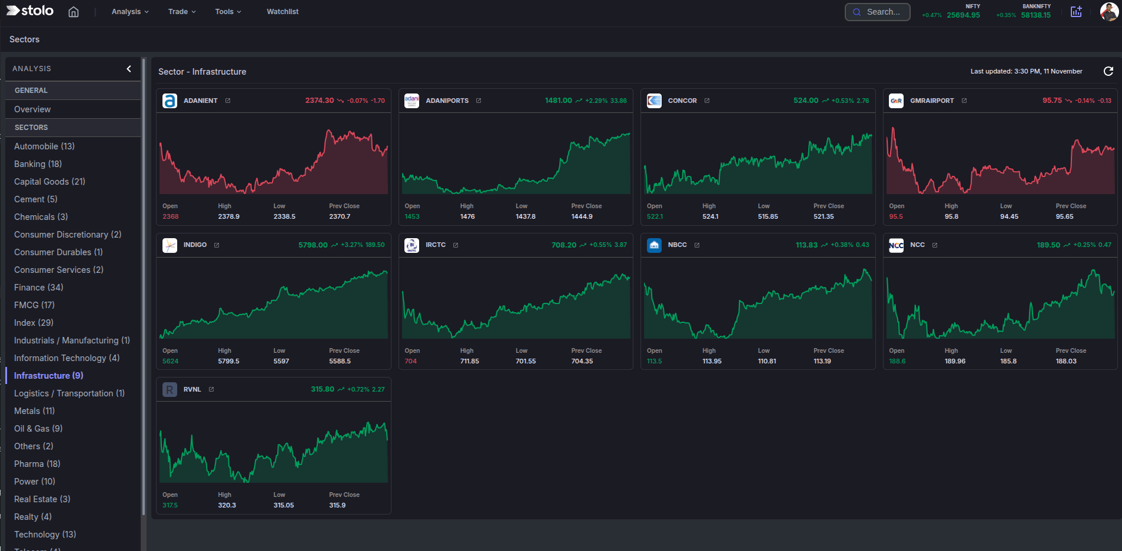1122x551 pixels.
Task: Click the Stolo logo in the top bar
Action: point(30,11)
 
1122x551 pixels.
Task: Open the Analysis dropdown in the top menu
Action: point(130,12)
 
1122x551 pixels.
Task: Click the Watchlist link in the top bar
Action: point(283,12)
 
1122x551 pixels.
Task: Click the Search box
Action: point(877,12)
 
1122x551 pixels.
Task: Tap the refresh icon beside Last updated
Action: point(1108,71)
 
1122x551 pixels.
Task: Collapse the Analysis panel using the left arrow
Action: point(129,69)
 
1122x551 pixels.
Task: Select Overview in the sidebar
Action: point(32,109)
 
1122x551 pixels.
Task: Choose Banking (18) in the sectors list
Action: point(38,164)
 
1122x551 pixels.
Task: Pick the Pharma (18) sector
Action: point(37,464)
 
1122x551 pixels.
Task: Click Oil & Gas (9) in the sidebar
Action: point(38,429)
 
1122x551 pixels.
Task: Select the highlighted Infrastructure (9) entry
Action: point(48,376)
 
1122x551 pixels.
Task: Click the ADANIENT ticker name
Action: point(201,101)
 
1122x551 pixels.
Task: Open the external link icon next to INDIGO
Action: point(217,245)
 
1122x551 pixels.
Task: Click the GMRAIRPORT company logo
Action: point(896,101)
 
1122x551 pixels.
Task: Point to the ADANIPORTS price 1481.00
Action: point(558,101)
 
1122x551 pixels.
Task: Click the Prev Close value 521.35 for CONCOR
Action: point(824,216)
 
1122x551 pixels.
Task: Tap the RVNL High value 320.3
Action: point(227,505)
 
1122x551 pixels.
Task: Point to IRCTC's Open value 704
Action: point(410,361)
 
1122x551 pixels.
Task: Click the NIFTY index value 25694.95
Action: point(963,15)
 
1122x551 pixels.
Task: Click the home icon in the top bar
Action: point(74,12)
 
